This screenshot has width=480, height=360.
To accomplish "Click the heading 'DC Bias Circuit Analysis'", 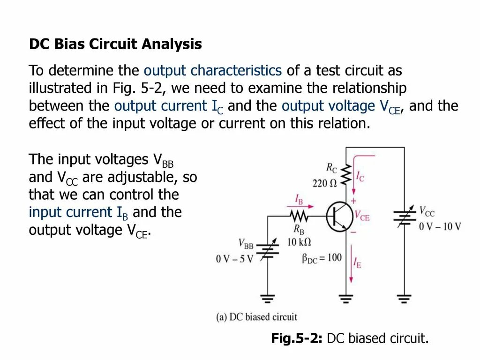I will (115, 45).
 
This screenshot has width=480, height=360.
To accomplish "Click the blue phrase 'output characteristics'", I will (212, 71).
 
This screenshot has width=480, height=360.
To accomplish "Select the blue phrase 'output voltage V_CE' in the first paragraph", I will (341, 106).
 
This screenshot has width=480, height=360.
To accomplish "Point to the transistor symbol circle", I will (340, 217).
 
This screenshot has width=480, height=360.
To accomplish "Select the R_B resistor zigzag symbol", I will (299, 216).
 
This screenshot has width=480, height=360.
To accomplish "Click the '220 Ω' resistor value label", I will (325, 183).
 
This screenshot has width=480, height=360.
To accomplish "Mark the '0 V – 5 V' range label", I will (234, 259).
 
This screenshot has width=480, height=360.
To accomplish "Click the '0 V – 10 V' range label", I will (440, 226).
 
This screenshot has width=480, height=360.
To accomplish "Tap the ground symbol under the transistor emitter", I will (346, 298).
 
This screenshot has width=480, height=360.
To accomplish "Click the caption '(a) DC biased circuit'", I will (256, 317).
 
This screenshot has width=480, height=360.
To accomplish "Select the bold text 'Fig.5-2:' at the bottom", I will (296, 338).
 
